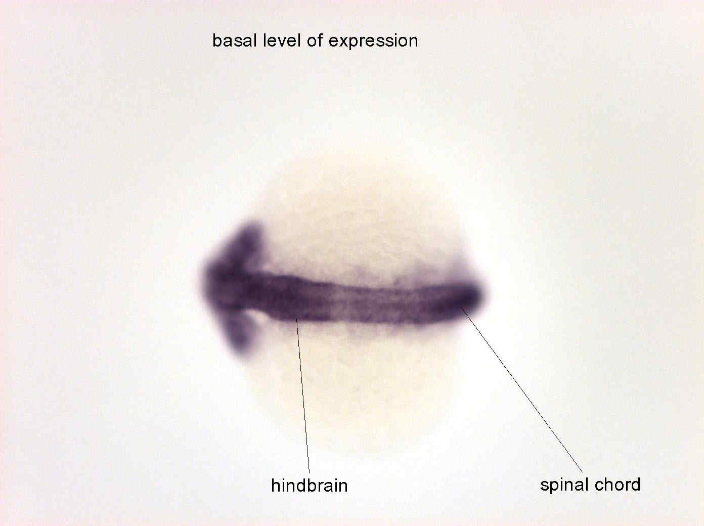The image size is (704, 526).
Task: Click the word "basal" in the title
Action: pyautogui.click(x=235, y=41)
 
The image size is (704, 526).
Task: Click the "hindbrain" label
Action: pyautogui.click(x=309, y=485)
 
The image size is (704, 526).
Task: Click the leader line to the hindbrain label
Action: pyautogui.click(x=303, y=396)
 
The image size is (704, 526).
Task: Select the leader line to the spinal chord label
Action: pyautogui.click(x=522, y=389)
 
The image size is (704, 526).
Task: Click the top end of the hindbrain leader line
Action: pyautogui.click(x=296, y=319)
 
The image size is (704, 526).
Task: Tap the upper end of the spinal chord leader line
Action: pyautogui.click(x=461, y=308)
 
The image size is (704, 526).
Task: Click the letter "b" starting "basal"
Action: pyautogui.click(x=216, y=41)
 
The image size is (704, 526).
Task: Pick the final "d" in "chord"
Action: pyautogui.click(x=636, y=485)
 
